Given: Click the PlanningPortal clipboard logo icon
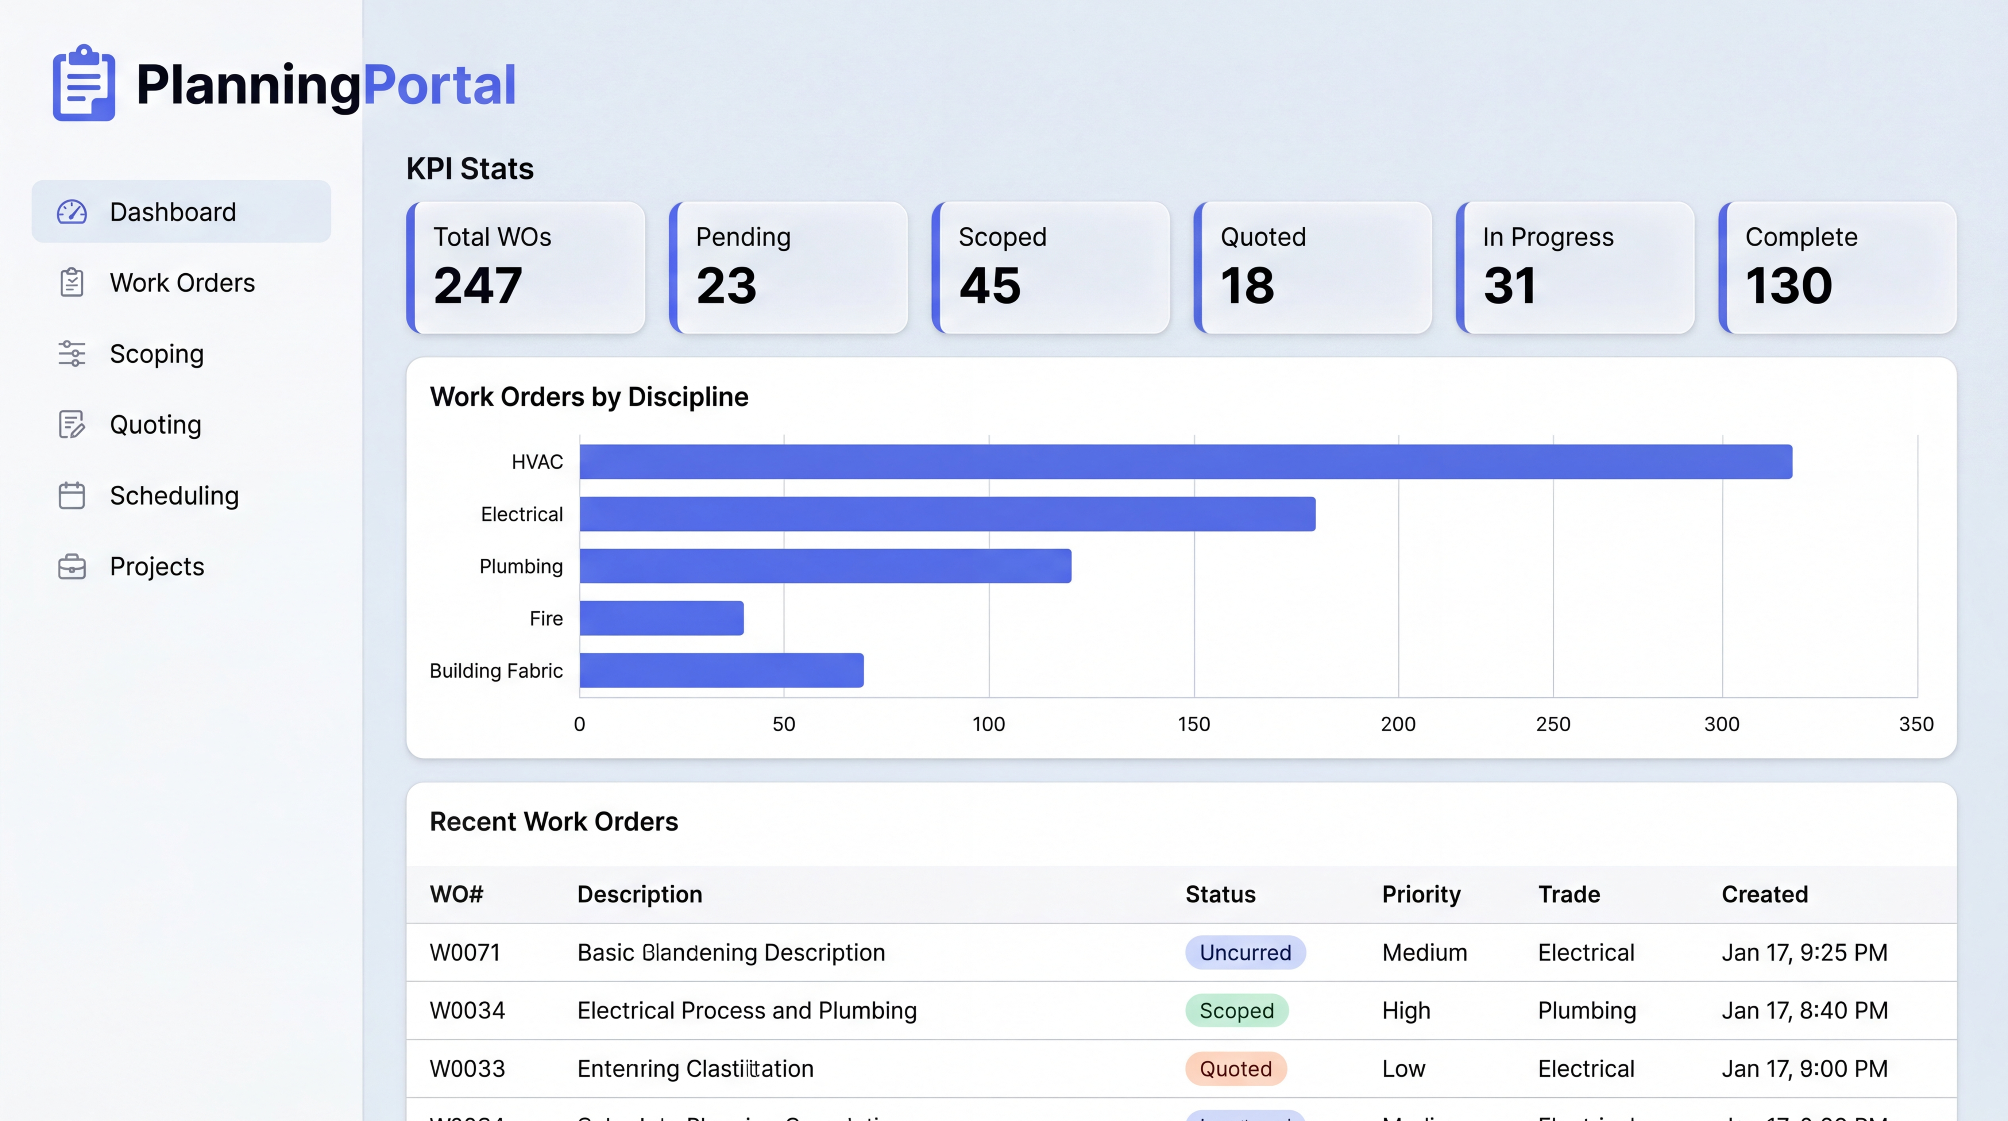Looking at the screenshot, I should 84,84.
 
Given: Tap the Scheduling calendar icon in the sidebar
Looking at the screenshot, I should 72,496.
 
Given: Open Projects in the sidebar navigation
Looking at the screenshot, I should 157,567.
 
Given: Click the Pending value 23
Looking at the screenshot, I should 726,286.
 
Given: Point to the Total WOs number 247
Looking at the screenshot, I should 477,286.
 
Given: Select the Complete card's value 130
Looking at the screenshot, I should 1788,286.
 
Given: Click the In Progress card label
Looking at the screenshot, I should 1547,237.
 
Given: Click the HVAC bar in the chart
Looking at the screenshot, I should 1185,462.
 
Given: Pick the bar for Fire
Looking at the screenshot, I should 661,618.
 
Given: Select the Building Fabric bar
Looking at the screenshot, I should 721,670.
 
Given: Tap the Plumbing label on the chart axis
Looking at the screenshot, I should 521,567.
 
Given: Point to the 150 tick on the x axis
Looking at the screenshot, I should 1193,724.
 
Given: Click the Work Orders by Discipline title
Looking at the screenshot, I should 588,397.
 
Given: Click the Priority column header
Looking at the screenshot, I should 1420,894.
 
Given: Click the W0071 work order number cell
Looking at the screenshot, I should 464,953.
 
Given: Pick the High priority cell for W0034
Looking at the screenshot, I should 1405,1011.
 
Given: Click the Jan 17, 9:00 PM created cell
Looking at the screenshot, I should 1804,1069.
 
